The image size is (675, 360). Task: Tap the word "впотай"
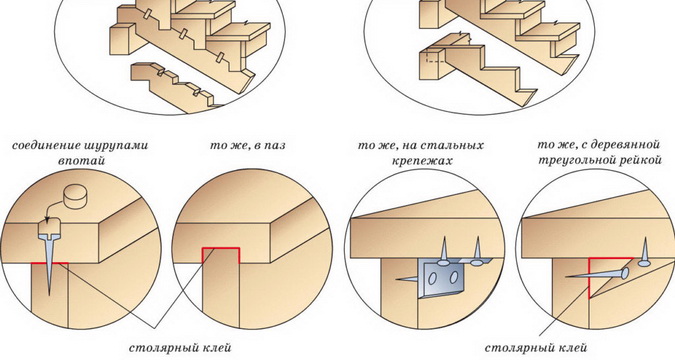point(82,161)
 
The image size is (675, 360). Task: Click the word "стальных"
point(455,146)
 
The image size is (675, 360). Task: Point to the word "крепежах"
point(422,161)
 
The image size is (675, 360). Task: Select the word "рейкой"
point(642,160)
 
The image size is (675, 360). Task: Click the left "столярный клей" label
point(180,348)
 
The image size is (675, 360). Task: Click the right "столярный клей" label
point(536,348)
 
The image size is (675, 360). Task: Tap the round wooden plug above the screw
point(75,197)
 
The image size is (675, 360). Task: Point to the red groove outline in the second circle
point(221,248)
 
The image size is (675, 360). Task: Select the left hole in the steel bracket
point(432,279)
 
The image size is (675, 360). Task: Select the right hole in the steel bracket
point(452,278)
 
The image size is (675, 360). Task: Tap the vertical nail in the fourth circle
point(644,254)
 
